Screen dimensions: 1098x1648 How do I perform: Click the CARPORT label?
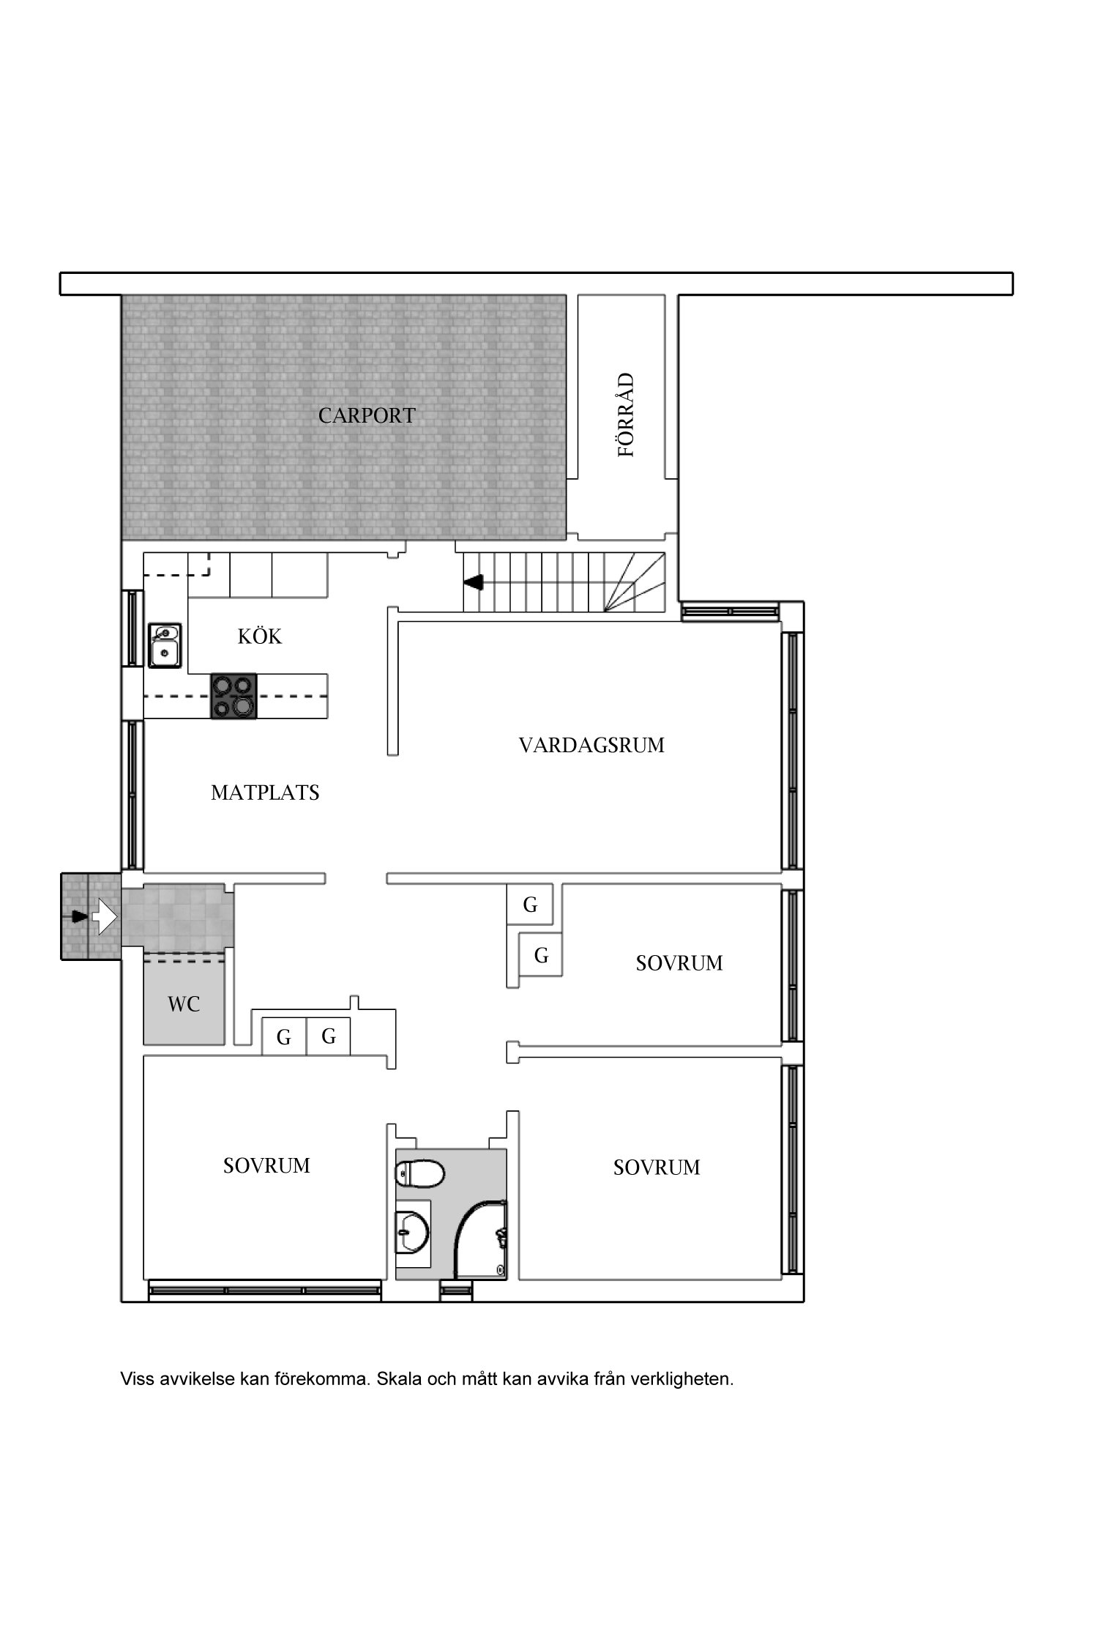tap(367, 416)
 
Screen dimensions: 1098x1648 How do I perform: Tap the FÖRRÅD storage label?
tap(627, 415)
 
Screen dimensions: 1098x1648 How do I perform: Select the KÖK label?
tap(260, 636)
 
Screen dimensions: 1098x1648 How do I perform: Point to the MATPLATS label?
tap(265, 793)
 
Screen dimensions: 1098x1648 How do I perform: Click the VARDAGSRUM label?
tap(591, 746)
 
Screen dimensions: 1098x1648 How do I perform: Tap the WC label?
tap(184, 1004)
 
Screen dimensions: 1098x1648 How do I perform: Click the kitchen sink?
tap(165, 645)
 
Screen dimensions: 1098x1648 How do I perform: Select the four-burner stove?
tap(234, 696)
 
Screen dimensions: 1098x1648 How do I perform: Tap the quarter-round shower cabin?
tap(481, 1239)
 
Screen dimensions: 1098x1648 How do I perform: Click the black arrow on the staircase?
tap(474, 582)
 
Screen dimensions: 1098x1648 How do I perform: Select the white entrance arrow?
tap(103, 916)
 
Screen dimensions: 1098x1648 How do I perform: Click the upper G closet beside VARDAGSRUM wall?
tap(530, 905)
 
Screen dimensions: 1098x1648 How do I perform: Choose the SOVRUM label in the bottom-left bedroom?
tap(266, 1165)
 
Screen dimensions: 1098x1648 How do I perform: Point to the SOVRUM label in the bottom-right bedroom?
tap(657, 1168)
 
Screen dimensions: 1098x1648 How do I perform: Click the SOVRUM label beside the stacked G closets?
tap(679, 963)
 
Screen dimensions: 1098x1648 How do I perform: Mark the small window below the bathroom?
tap(457, 1290)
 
